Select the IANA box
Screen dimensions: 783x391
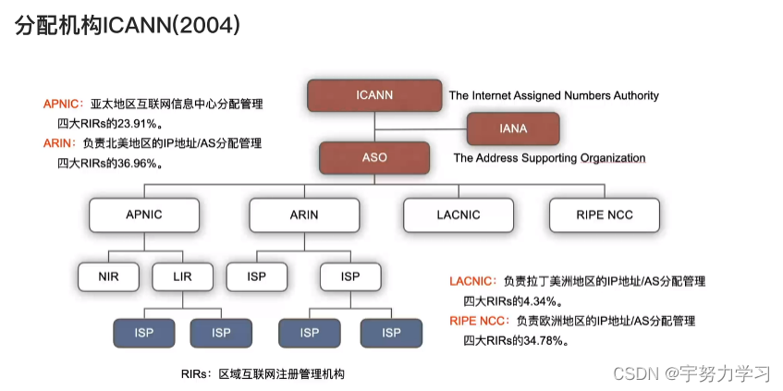click(513, 128)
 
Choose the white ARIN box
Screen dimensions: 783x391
click(303, 214)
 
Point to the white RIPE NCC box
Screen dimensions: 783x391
click(604, 214)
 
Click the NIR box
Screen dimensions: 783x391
click(108, 275)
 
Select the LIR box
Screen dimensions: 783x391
click(181, 275)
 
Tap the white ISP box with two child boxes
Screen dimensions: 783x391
click(350, 275)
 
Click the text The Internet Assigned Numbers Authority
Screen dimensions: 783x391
click(554, 95)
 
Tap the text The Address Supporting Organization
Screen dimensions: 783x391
click(549, 158)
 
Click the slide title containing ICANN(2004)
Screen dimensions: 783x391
click(128, 26)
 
